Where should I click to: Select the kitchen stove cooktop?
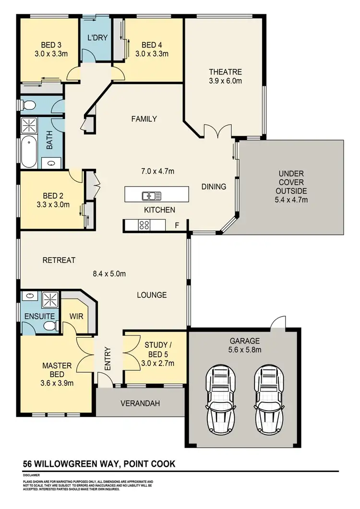click(x=144, y=225)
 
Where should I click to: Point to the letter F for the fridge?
click(x=177, y=225)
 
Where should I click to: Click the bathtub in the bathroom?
click(x=31, y=145)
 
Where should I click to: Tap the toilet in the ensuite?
click(x=49, y=326)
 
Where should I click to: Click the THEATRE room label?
click(x=225, y=72)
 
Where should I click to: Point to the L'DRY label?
click(x=97, y=37)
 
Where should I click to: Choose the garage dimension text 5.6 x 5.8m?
click(x=245, y=350)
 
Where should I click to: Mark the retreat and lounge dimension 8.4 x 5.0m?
click(x=109, y=274)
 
